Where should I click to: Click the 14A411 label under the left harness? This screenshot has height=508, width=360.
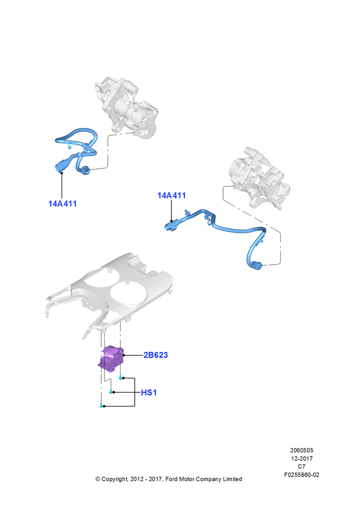pos(63,204)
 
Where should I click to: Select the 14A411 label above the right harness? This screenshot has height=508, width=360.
pos(171,196)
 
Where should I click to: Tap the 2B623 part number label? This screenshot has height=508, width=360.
pos(156,355)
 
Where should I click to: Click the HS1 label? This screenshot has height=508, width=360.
pos(149,393)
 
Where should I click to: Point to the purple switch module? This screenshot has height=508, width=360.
pos(111,359)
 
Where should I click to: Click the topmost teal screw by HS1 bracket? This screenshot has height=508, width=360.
pos(121,377)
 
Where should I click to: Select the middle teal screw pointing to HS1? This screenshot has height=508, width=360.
pos(111,392)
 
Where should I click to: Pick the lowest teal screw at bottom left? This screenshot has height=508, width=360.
pos(102,405)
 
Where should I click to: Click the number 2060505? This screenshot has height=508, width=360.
pos(302,450)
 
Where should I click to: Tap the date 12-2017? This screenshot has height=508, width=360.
pos(302,458)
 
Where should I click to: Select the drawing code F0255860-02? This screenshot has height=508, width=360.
pos(302,475)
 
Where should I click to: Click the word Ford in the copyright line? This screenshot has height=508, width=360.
pos(171,479)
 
